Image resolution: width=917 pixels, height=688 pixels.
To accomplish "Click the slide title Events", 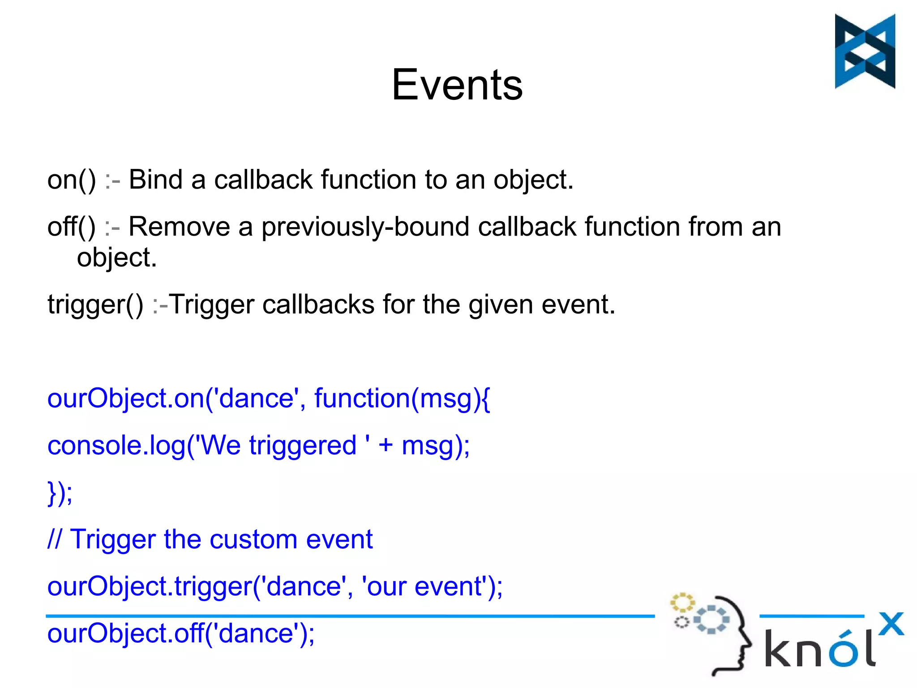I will point(457,85).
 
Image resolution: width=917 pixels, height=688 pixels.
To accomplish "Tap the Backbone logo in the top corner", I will point(865,51).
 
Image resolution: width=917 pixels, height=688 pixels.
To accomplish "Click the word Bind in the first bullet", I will point(155,180).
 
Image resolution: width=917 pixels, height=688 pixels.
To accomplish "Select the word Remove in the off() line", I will point(179,226).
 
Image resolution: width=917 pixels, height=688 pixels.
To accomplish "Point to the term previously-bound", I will point(365,227).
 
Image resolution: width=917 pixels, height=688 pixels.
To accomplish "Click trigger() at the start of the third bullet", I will point(95,305).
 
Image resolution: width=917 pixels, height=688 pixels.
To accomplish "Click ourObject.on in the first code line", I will point(126,398).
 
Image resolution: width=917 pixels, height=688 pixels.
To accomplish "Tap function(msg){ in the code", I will point(402,398).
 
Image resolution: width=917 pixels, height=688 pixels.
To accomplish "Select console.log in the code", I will point(116,446).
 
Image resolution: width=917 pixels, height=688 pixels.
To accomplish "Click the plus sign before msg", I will point(386,446).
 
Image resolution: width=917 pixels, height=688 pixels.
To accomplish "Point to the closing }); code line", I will point(60,493).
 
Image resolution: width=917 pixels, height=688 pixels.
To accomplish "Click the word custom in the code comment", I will point(253,539).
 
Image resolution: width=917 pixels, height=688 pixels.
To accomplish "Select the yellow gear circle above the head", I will point(682,602).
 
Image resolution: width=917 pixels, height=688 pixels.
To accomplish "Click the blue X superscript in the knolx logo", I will point(891,624).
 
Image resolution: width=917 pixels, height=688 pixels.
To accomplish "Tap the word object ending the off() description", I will point(116,258).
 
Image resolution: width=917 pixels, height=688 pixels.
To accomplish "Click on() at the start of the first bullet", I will point(71,180).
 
